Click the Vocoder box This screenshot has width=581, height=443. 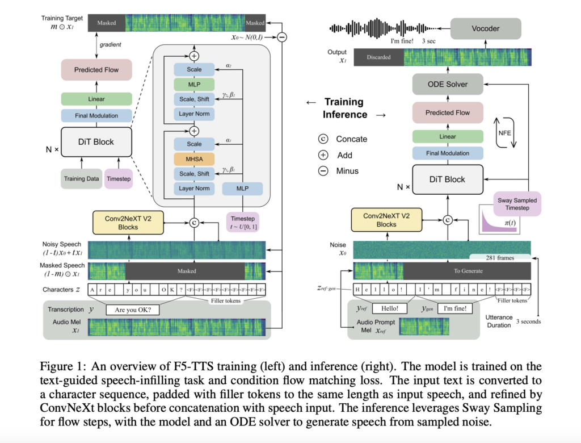[x=485, y=27]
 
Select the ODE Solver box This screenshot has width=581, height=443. [x=448, y=84]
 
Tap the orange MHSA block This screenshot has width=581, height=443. [x=195, y=159]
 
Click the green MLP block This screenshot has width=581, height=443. [x=195, y=85]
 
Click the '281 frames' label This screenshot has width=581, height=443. [x=500, y=257]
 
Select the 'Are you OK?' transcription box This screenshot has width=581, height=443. [x=137, y=310]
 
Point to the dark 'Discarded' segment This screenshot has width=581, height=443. [x=378, y=57]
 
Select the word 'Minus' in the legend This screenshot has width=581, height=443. [x=347, y=170]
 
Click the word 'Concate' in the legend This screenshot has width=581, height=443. [x=351, y=139]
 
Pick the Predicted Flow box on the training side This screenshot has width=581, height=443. [x=96, y=70]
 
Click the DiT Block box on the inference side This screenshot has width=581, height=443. [x=448, y=179]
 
